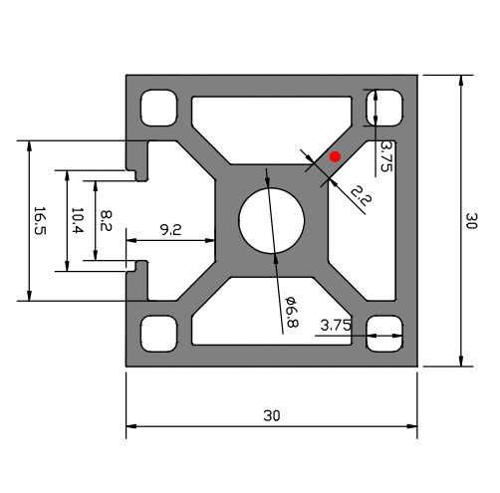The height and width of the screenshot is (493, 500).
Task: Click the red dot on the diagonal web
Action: [x=336, y=156]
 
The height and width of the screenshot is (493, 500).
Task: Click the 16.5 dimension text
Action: [x=39, y=220]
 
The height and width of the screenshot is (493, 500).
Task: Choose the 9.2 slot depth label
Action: [x=171, y=230]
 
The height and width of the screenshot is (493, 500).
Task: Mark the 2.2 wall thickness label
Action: [x=360, y=198]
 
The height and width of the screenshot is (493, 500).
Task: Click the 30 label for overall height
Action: [x=472, y=220]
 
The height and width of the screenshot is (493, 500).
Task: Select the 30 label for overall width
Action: [x=271, y=415]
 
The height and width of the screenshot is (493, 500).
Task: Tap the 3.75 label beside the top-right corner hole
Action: [x=386, y=157]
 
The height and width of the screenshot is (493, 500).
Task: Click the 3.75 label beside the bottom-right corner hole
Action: [x=336, y=325]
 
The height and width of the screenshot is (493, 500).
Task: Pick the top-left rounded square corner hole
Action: [x=158, y=108]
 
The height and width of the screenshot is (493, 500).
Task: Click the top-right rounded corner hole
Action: [x=384, y=108]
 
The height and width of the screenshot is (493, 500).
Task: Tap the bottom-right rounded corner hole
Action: [x=384, y=333]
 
